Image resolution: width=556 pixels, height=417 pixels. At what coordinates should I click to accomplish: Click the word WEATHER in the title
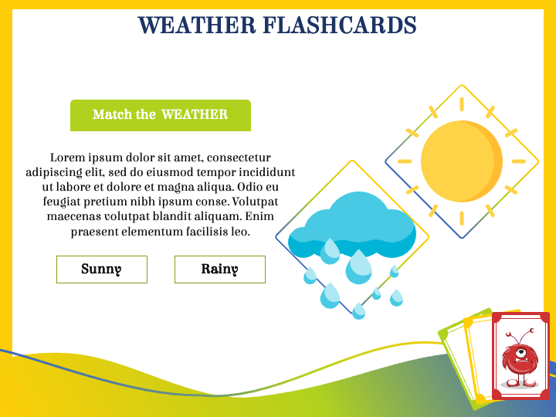pyautogui.click(x=197, y=25)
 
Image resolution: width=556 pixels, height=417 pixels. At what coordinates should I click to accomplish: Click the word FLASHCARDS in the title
pyautogui.click(x=340, y=25)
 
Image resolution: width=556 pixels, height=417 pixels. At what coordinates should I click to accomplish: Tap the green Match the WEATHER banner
pyautogui.click(x=161, y=115)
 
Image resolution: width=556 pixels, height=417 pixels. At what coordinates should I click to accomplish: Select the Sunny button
pyautogui.click(x=102, y=270)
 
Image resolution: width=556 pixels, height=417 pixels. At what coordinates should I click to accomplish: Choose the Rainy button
pyautogui.click(x=220, y=270)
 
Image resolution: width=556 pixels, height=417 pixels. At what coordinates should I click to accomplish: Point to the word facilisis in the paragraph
pyautogui.click(x=199, y=232)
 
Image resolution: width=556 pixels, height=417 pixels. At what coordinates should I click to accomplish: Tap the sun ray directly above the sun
pyautogui.click(x=462, y=106)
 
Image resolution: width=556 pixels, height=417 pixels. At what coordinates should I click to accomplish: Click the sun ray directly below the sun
pyautogui.click(x=462, y=218)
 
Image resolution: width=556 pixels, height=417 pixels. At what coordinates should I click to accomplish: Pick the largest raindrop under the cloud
pyautogui.click(x=359, y=266)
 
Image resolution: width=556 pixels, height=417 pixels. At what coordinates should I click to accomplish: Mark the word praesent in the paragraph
pyautogui.click(x=95, y=232)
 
